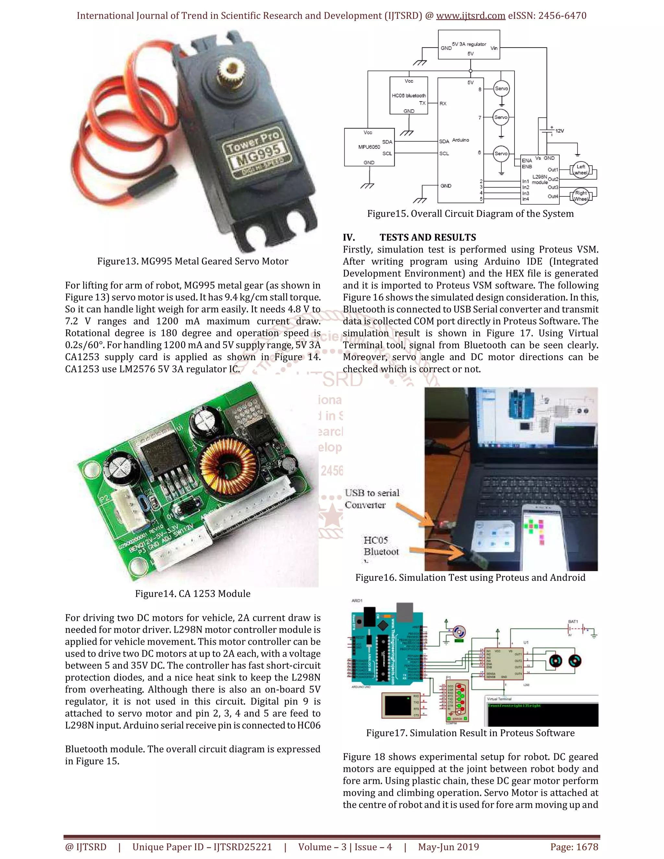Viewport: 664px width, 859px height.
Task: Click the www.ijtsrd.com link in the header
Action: [x=470, y=16]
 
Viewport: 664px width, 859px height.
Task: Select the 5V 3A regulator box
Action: [x=469, y=45]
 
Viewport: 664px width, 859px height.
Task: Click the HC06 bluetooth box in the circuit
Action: [x=409, y=95]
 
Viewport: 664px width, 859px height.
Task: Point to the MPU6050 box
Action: [x=369, y=147]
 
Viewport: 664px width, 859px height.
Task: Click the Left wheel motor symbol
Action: [x=581, y=170]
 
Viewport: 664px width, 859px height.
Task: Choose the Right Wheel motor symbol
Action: [x=581, y=195]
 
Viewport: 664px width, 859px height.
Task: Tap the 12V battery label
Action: [x=559, y=131]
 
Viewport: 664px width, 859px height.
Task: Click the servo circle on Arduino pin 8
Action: [x=501, y=88]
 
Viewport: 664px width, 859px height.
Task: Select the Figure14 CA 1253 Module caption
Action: [x=193, y=594]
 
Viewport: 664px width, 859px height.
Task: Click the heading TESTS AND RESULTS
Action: [x=428, y=237]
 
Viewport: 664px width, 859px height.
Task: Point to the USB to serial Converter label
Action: [x=372, y=499]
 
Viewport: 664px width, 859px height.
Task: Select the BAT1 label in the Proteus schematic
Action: [x=573, y=621]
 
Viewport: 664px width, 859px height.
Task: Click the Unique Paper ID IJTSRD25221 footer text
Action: [x=202, y=847]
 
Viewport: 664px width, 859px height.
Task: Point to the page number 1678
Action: [x=574, y=847]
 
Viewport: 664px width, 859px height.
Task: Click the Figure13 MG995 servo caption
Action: [x=193, y=261]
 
